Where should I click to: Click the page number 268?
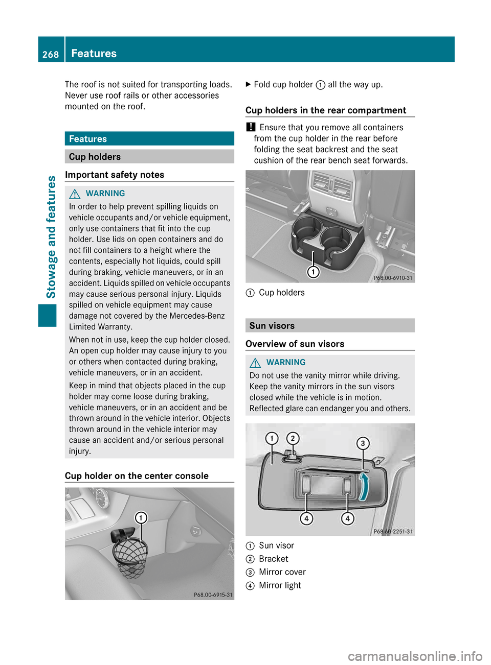coord(51,54)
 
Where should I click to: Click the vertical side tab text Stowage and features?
coord(51,236)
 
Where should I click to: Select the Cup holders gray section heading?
coord(95,157)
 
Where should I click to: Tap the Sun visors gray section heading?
coord(272,326)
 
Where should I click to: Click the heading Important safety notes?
coord(115,175)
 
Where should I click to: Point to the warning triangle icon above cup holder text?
coord(75,194)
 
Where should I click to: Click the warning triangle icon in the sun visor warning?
coord(255,363)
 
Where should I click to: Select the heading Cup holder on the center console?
coord(137,476)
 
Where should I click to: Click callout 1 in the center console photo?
coord(141,518)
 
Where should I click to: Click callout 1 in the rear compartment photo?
coord(313,272)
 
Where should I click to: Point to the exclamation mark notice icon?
coord(250,127)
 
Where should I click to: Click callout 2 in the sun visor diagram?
coord(293,438)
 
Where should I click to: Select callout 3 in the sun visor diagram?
coord(363,443)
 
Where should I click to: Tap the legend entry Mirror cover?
coord(282,572)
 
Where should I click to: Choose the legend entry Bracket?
coord(274,559)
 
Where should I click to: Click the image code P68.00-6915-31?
coord(213,595)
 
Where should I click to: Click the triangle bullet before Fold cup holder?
coord(249,85)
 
